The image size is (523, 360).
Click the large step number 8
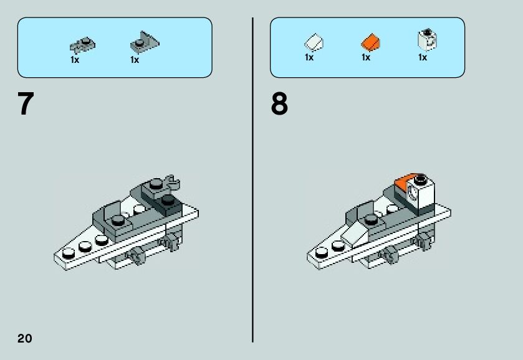pyautogui.click(x=279, y=104)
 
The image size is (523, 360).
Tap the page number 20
pyautogui.click(x=24, y=338)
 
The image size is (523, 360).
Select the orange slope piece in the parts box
pyautogui.click(x=370, y=42)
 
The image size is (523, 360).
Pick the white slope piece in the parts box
pyautogui.click(x=314, y=42)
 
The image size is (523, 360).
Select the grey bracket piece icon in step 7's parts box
pyautogui.click(x=143, y=43)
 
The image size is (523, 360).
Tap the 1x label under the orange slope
pyautogui.click(x=365, y=58)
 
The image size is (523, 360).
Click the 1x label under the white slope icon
pyautogui.click(x=309, y=58)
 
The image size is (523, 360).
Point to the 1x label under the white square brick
pyautogui.click(x=422, y=58)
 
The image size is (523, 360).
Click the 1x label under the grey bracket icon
pyautogui.click(x=134, y=60)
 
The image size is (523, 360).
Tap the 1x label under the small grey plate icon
pyautogui.click(x=75, y=60)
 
